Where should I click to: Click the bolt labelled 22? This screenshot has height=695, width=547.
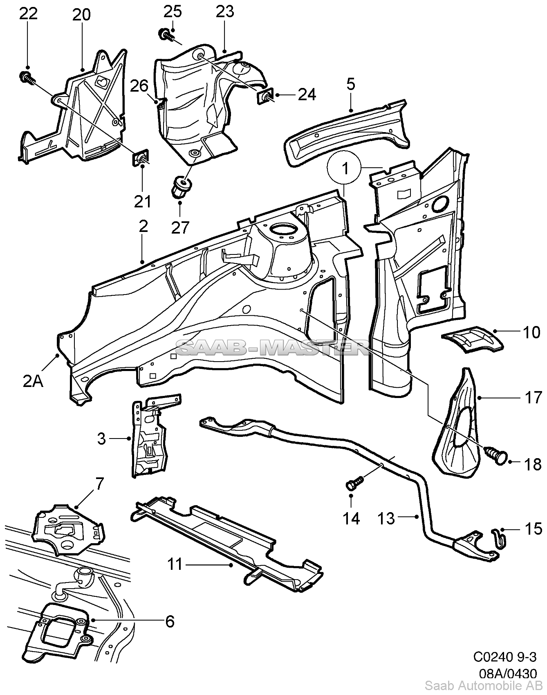coord(25,76)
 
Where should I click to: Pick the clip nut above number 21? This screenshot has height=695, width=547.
coord(140,159)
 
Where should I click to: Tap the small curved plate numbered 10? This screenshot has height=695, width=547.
coord(473,339)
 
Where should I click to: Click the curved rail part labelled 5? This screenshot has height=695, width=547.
coord(347,131)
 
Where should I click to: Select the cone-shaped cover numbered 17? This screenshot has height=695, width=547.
coord(458,425)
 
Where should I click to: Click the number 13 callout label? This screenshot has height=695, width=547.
coord(386,518)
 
